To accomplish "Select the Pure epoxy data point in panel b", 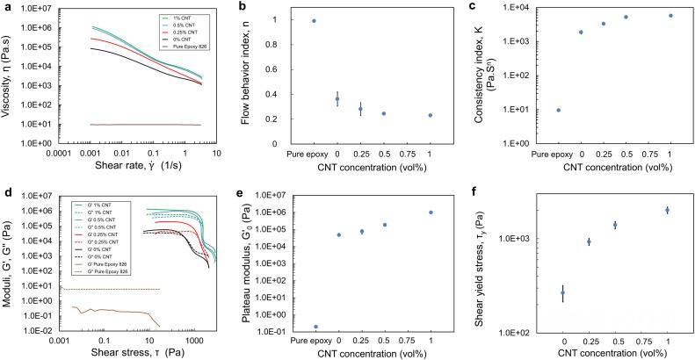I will point(314,20).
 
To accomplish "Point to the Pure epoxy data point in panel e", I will point(316,327).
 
